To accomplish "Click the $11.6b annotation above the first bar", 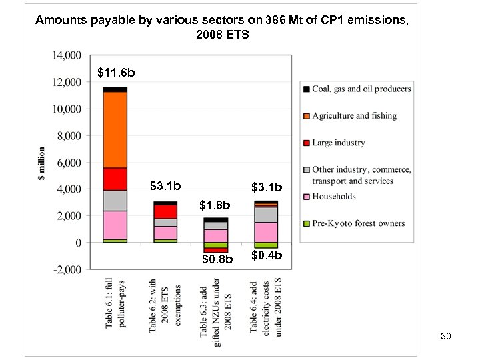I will click(116, 71).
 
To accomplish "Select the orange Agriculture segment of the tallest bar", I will click(115, 129).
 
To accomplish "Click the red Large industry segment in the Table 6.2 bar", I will click(165, 211).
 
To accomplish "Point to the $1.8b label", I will click(215, 205).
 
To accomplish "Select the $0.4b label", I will click(267, 255).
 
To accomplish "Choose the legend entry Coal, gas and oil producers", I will click(361, 89).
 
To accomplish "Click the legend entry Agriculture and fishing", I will click(354, 116).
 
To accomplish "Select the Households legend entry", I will click(334, 196).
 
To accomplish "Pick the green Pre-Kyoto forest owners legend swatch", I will click(306, 223).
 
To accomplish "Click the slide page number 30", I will click(446, 337).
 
